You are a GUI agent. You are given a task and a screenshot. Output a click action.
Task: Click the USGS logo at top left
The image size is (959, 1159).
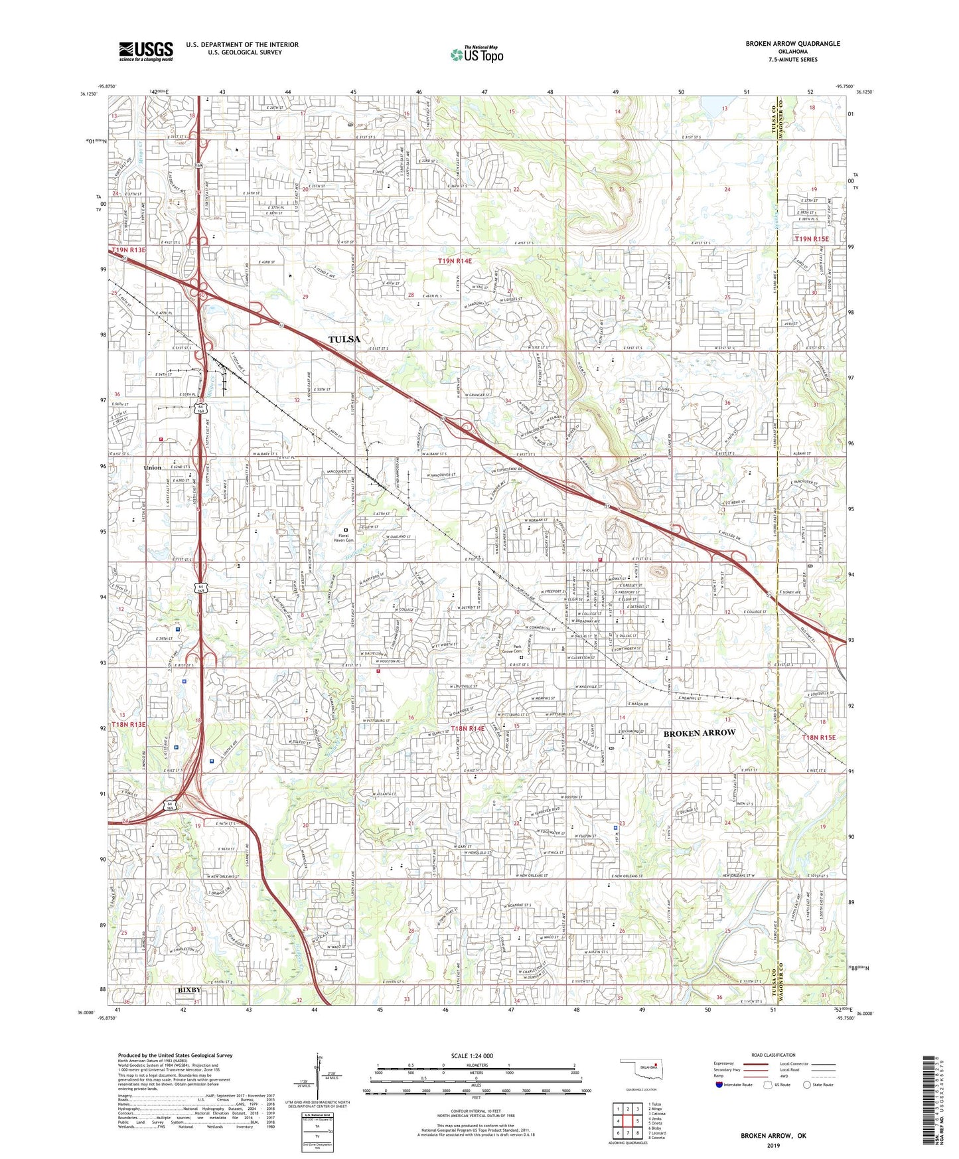click(146, 50)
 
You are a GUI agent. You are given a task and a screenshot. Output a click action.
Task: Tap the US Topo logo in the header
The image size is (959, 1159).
click(477, 54)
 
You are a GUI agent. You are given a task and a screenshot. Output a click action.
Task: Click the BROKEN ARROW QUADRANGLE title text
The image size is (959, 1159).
click(792, 44)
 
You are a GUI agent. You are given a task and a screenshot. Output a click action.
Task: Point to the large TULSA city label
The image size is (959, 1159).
click(344, 339)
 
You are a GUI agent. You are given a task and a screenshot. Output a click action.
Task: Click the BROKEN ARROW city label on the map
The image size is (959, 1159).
click(700, 733)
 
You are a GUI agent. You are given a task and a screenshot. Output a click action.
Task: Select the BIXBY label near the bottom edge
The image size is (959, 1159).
click(189, 990)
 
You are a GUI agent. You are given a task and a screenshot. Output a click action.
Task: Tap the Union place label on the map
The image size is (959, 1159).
click(153, 468)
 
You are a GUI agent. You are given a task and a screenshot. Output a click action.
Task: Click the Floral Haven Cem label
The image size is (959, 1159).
click(343, 538)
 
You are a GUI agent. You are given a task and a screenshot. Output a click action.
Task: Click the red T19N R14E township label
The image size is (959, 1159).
click(455, 262)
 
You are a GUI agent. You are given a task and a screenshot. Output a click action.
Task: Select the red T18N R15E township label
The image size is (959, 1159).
click(818, 737)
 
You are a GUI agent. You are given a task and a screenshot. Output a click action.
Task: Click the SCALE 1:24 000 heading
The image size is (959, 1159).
click(472, 1055)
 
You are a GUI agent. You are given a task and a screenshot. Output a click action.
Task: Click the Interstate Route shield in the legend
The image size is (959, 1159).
click(719, 1085)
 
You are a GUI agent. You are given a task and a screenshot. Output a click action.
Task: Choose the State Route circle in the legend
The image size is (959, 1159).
click(807, 1085)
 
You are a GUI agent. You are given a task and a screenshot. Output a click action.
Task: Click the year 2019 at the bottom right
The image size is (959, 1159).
click(773, 1145)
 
